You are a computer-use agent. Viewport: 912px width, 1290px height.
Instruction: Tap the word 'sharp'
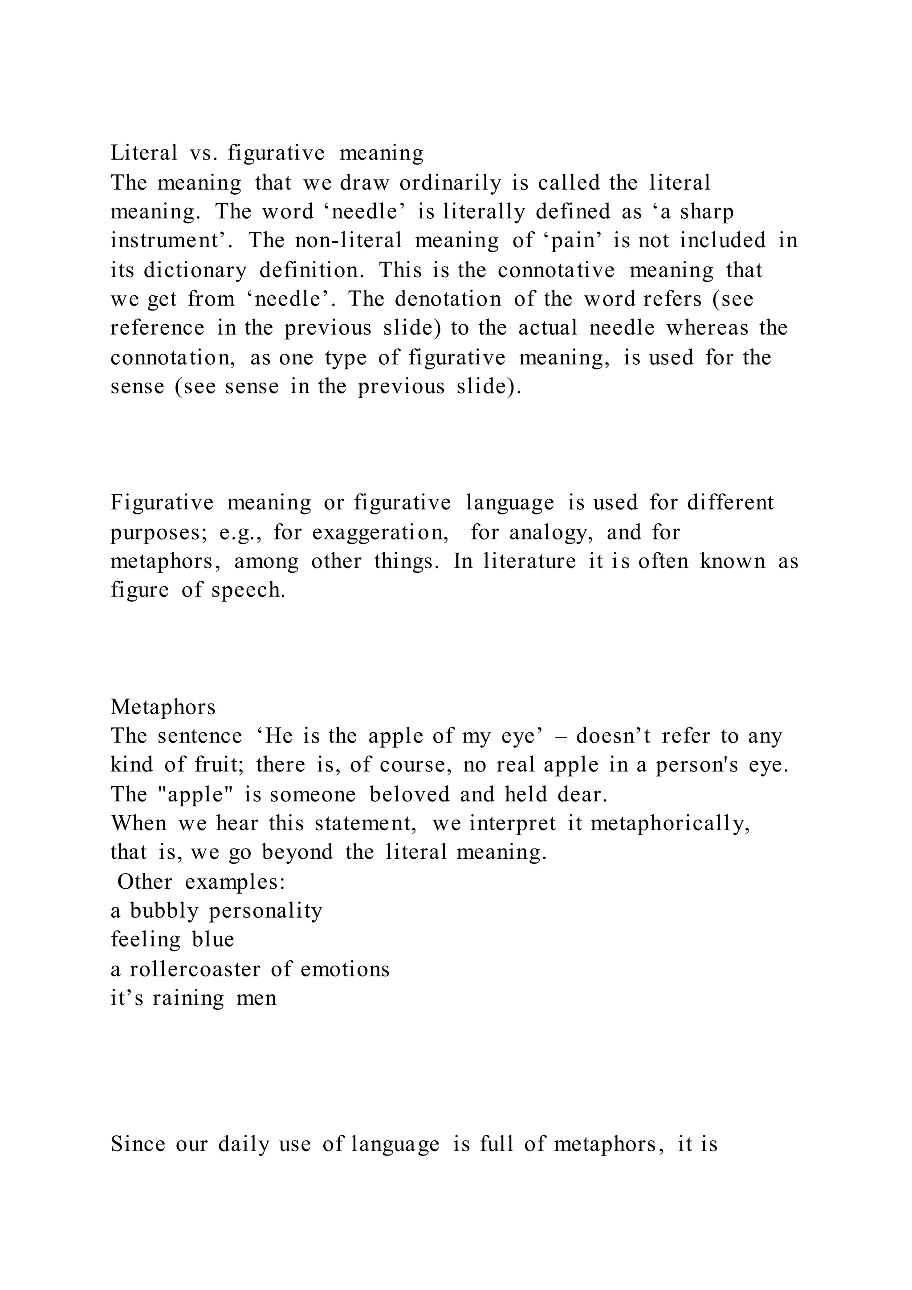click(706, 212)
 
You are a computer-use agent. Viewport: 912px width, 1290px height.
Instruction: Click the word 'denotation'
click(448, 299)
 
